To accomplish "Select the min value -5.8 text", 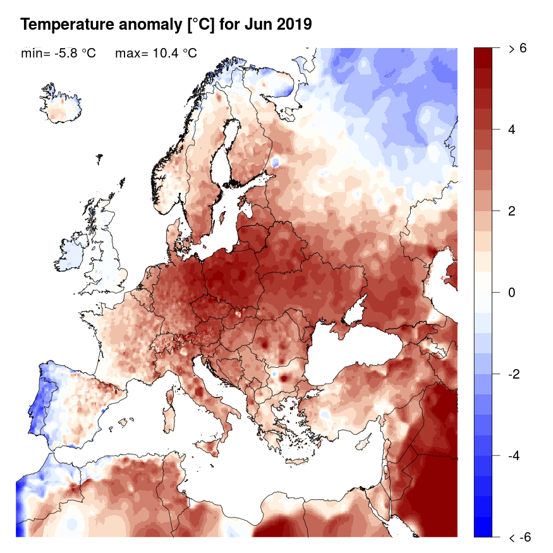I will click(75, 54).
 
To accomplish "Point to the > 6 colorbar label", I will click(517, 49).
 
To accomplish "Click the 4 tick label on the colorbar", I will click(512, 130).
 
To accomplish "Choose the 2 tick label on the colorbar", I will click(512, 211).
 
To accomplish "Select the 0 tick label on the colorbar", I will click(512, 293).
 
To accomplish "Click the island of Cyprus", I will click(365, 441).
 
